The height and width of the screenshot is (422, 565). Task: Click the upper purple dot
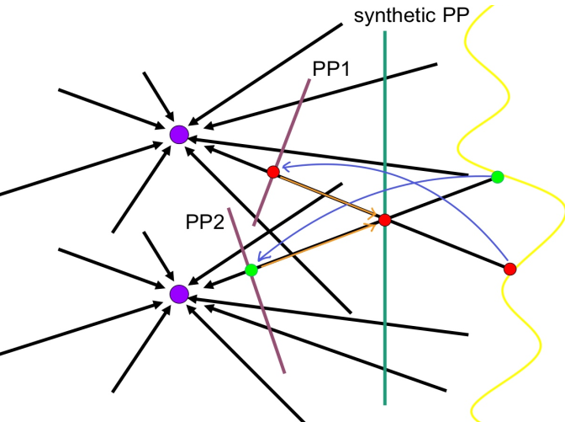coord(178,134)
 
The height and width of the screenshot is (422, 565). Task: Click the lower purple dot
coord(178,293)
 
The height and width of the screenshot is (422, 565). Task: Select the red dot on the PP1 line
coord(272,172)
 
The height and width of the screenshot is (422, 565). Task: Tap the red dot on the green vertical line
coord(385,220)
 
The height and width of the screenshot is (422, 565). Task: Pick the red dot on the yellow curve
coord(510,269)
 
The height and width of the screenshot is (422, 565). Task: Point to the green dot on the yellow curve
coord(497,177)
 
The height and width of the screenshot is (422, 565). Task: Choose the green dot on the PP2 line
coord(251,270)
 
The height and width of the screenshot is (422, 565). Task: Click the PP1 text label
coord(331,68)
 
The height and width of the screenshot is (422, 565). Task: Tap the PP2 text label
coord(205,222)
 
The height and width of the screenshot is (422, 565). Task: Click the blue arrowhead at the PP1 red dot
coord(284,167)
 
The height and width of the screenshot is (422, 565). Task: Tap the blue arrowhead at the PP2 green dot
coord(261,259)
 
